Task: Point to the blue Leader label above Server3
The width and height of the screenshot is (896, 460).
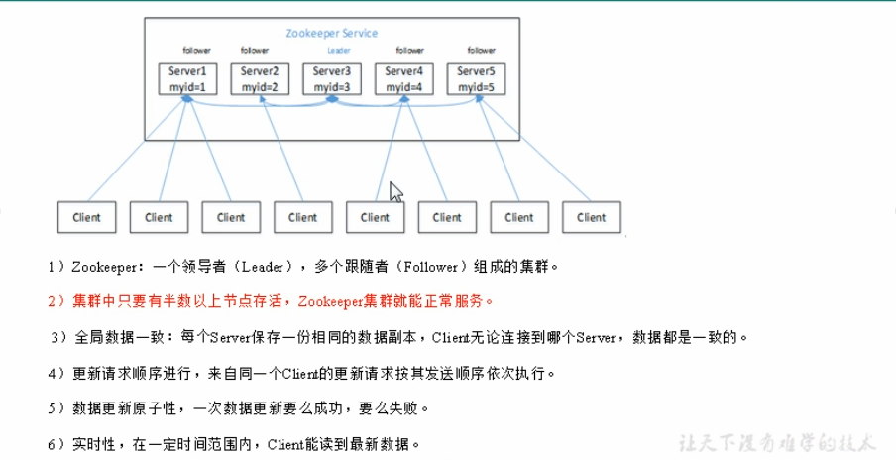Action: point(338,51)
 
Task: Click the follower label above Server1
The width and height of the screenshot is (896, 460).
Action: point(196,51)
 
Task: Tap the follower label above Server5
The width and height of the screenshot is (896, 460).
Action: point(482,51)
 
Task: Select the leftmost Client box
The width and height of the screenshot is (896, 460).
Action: point(86,217)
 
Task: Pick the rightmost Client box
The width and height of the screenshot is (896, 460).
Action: point(591,217)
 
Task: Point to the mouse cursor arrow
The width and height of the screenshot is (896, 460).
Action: point(395,191)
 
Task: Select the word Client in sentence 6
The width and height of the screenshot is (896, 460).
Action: point(288,444)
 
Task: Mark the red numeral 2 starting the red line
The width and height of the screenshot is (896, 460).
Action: point(51,300)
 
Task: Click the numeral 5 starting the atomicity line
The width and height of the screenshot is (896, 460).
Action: point(51,408)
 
